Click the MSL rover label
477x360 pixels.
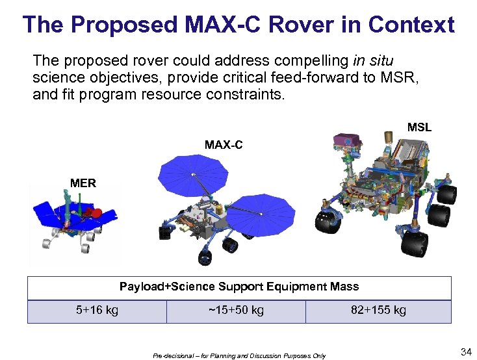[419, 127]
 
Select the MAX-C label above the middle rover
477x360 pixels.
[224, 144]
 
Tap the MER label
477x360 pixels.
[83, 183]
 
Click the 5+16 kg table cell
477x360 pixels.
[97, 310]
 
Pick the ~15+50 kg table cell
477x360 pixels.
[236, 310]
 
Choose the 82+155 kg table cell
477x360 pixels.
[378, 310]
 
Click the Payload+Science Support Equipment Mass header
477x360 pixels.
[238, 287]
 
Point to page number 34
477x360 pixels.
[465, 352]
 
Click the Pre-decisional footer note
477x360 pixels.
[239, 355]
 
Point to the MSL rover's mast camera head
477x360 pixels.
[348, 141]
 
